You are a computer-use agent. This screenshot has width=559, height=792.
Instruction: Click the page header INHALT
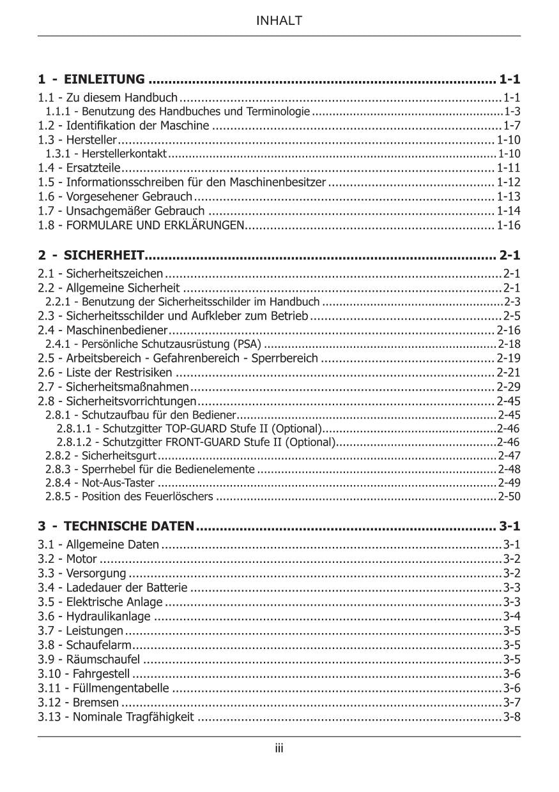coord(279,21)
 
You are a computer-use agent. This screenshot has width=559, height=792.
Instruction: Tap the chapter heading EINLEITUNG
coord(104,80)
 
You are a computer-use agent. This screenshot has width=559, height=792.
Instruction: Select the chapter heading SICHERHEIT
coord(103,256)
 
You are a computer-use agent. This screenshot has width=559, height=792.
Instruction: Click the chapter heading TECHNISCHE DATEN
coord(129,527)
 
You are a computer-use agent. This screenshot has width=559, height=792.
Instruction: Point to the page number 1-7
coord(512,124)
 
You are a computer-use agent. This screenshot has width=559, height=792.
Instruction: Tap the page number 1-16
coord(509,225)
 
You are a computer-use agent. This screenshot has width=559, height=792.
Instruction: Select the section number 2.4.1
coord(58,345)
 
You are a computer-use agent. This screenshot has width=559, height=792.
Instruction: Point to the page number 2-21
coord(509,372)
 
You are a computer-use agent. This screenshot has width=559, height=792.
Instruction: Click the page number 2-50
coord(509,496)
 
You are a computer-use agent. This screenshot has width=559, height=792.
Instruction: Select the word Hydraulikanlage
coord(109,616)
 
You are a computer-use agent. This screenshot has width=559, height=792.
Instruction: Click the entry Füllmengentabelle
coord(121,688)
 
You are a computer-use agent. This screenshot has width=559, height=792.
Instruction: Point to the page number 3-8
coord(512,717)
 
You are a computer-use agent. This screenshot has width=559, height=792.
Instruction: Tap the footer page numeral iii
coord(279,749)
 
